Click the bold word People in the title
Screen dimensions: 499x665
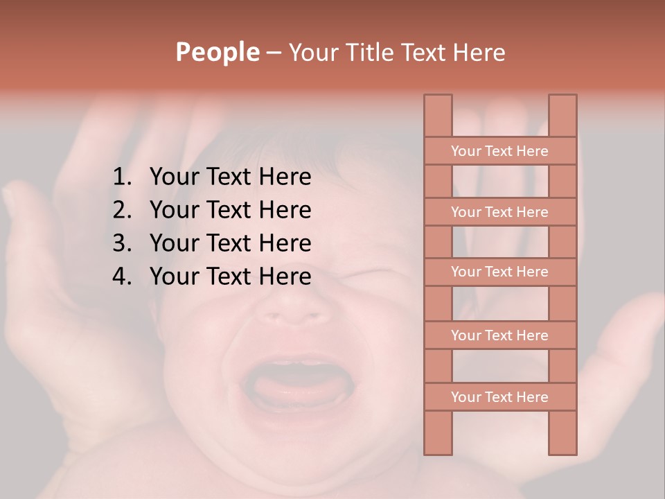pos(218,52)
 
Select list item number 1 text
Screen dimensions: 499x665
pos(230,177)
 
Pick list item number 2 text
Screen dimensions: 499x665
pos(230,210)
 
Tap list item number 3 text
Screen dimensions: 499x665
pos(230,243)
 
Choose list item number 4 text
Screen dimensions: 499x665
pos(230,277)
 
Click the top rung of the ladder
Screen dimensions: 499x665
pos(499,151)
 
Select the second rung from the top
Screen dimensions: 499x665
pos(499,212)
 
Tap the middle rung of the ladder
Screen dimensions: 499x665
pos(499,272)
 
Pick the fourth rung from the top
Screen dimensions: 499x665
pos(499,335)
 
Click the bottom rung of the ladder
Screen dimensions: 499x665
pos(499,397)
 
